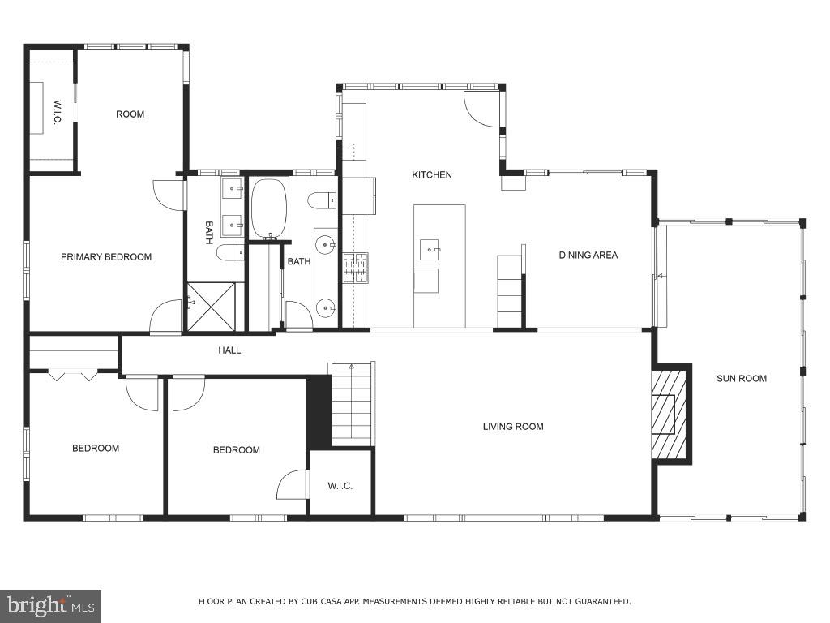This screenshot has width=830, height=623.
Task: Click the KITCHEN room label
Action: click(x=432, y=174)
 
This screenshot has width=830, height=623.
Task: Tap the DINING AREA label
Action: click(x=588, y=255)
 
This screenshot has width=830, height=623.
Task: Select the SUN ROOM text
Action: click(x=741, y=378)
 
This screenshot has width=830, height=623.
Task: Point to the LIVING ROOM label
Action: click(x=513, y=426)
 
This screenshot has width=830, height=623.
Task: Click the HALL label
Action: click(x=229, y=350)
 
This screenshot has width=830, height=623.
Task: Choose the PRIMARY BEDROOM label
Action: click(x=106, y=257)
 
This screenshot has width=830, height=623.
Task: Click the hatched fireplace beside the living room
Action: click(x=670, y=415)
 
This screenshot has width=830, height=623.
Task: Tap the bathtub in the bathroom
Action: click(x=268, y=208)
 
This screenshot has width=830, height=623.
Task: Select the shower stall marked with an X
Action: click(x=212, y=306)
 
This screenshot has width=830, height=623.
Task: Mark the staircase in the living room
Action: click(x=353, y=404)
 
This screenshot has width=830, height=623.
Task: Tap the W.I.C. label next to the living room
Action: click(x=340, y=486)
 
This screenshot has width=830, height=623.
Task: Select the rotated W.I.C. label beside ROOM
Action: click(x=58, y=113)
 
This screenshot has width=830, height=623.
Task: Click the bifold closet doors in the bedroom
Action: click(x=73, y=376)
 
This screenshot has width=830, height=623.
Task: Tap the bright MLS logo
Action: click(x=50, y=605)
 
